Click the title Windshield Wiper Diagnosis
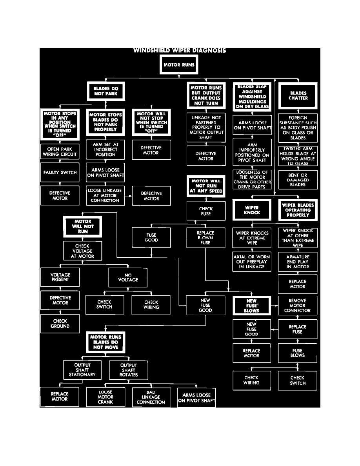(180, 51)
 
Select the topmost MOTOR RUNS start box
(179, 65)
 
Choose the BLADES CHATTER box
(298, 96)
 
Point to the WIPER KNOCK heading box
(252, 210)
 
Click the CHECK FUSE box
(205, 211)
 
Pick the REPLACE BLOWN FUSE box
(205, 238)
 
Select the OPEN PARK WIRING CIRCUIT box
(59, 152)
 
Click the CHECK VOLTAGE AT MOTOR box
(82, 251)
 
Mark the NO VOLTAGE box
(128, 277)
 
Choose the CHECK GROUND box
(60, 324)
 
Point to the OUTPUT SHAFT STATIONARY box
(82, 370)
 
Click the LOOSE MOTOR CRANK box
(105, 397)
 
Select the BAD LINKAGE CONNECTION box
(151, 397)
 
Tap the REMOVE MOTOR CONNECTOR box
(297, 306)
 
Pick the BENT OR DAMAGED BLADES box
(298, 180)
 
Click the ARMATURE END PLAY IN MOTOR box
(298, 262)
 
